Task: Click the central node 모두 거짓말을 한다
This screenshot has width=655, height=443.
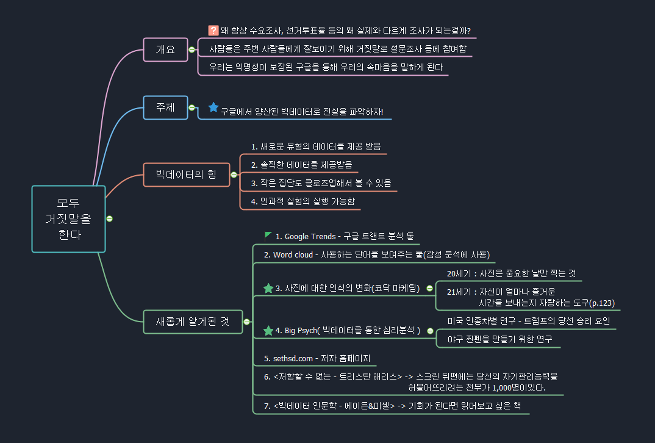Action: click(x=68, y=218)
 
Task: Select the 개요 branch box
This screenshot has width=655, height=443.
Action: click(x=165, y=49)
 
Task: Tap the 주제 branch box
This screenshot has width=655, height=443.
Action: click(x=165, y=107)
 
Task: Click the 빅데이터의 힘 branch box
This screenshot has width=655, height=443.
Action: click(x=186, y=175)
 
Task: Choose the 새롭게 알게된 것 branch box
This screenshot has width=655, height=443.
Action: click(x=193, y=322)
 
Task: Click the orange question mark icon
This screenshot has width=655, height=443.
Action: click(x=213, y=31)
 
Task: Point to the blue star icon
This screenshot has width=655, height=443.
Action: click(x=213, y=107)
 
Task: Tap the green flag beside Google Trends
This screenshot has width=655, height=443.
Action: click(x=268, y=236)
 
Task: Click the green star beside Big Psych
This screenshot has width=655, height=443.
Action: click(x=268, y=331)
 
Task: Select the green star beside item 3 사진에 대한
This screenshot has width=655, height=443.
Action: click(x=268, y=288)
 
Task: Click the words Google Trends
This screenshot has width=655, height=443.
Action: click(x=310, y=237)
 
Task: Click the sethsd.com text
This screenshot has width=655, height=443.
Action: click(x=297, y=358)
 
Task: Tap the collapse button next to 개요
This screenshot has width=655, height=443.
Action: click(x=191, y=50)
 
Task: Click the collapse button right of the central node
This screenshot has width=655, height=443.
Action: click(x=109, y=218)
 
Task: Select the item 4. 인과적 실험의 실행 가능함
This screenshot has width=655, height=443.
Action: click(x=303, y=201)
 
